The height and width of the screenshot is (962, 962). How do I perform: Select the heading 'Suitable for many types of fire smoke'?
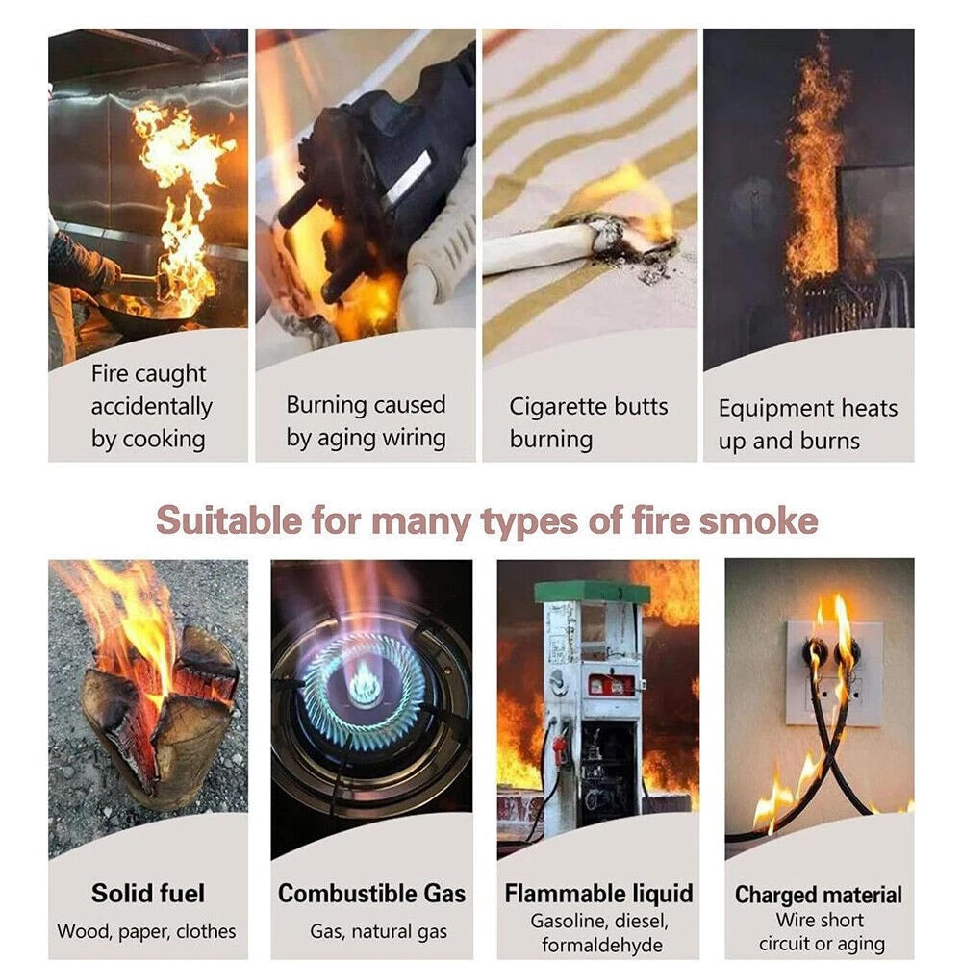(487, 520)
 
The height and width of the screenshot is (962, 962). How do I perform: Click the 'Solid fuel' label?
(148, 894)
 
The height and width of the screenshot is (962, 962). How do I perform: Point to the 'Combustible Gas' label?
(371, 894)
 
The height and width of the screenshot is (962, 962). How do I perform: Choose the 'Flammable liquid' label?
(598, 894)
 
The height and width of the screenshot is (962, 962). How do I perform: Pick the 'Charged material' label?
(819, 895)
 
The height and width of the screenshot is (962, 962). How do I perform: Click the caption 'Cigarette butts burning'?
(589, 422)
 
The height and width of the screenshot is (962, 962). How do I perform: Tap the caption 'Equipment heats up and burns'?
(807, 424)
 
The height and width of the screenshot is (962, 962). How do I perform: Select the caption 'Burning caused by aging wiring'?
(366, 421)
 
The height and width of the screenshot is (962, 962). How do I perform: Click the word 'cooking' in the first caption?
(164, 440)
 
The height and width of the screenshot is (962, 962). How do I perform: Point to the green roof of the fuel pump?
(592, 592)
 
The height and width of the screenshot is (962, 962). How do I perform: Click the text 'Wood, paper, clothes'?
(146, 931)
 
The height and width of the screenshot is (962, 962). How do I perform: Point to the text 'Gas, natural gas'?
(378, 931)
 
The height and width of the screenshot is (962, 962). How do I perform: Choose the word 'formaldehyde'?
(602, 945)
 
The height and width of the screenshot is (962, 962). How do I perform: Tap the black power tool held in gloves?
(380, 178)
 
